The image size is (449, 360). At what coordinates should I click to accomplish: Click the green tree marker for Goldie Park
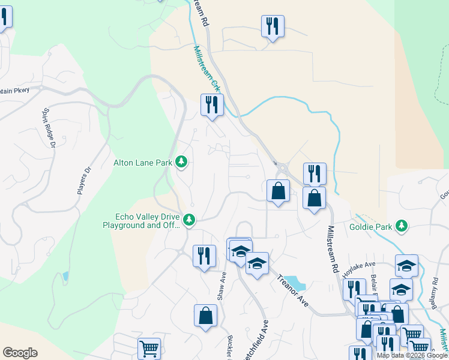(x=402, y=226)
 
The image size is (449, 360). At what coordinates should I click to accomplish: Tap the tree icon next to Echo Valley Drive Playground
(x=189, y=220)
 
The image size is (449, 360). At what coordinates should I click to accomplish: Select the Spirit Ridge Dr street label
(x=49, y=128)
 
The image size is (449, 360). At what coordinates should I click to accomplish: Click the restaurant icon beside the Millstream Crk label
(x=211, y=105)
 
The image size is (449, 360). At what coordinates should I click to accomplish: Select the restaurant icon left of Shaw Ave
(x=204, y=255)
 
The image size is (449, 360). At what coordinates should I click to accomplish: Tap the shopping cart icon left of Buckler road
(x=149, y=347)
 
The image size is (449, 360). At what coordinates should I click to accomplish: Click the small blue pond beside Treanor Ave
(x=294, y=282)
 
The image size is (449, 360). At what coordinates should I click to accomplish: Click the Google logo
(x=20, y=353)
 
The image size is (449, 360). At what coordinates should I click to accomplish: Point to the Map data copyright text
(x=412, y=355)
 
